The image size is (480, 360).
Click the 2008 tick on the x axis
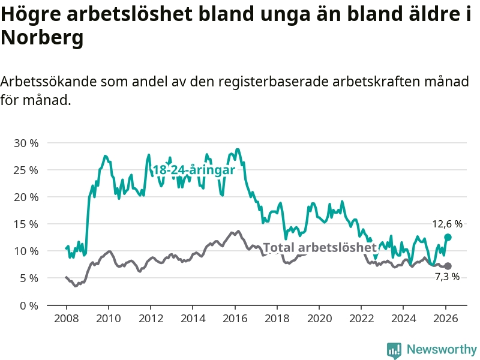point(65,318)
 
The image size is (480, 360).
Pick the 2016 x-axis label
point(235,318)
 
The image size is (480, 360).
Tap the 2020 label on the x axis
point(319,318)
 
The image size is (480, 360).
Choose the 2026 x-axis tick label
point(446,318)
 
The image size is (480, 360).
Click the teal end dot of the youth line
point(448,237)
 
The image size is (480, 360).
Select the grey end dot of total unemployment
point(448,266)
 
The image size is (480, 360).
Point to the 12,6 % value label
point(447,224)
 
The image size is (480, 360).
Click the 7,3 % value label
point(447,277)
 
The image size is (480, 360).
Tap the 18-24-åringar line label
point(193,170)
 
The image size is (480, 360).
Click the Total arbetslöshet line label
point(320,247)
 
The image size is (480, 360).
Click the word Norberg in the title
point(41,38)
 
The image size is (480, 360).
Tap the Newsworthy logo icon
point(394,349)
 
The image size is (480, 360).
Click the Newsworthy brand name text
point(442,349)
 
